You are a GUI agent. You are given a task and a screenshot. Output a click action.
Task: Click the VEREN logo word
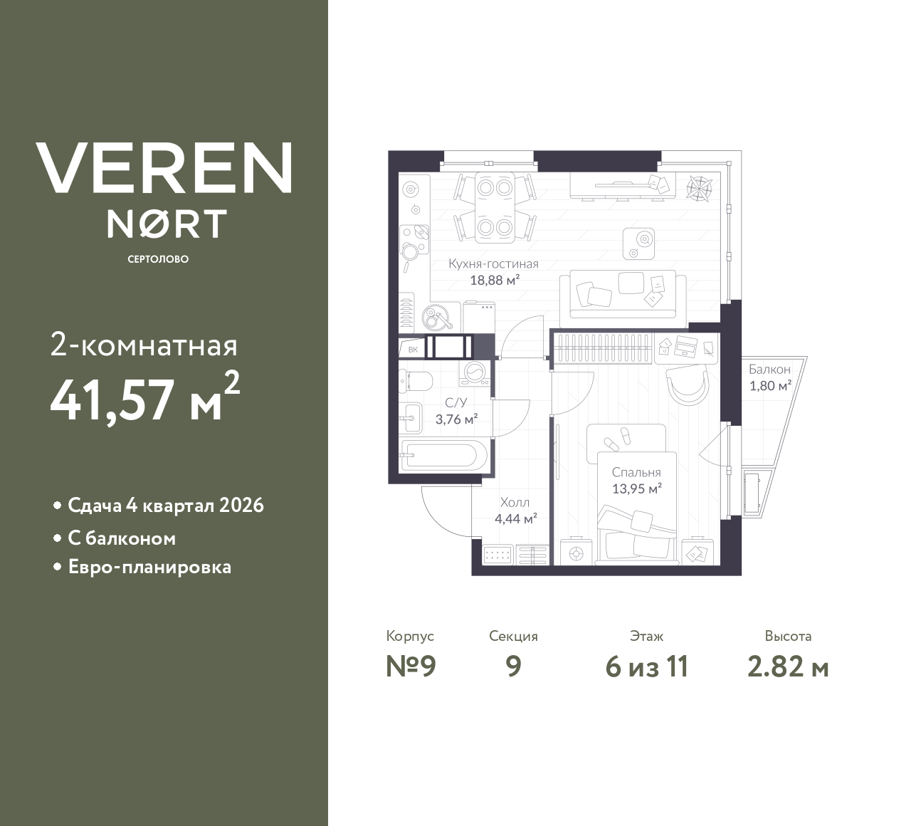[164, 168]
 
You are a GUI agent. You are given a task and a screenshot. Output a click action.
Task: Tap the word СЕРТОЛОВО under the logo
[158, 259]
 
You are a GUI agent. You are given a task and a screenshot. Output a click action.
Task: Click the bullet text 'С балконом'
[122, 538]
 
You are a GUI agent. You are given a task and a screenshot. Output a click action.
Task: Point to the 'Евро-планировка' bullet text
[149, 568]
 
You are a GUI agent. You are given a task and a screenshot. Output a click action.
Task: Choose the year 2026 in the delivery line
[241, 506]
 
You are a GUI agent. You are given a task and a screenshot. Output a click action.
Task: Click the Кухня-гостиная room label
[493, 263]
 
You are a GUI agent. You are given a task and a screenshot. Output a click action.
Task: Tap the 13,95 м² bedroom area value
[637, 488]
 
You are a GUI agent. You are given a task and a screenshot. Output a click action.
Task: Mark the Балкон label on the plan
[769, 370]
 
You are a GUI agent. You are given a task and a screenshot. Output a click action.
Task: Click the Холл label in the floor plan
[515, 502]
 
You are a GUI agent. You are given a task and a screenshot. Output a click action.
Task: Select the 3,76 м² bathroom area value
[456, 419]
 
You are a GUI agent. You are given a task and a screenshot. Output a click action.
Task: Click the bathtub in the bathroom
[443, 454]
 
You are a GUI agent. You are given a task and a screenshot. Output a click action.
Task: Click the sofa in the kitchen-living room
[623, 295]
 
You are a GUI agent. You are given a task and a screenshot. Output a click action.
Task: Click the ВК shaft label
[413, 349]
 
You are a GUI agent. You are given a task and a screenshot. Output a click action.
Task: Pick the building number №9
[411, 667]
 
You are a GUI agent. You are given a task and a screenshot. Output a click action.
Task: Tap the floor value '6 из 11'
[646, 667]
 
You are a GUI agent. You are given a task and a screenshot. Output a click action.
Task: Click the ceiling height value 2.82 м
[788, 667]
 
